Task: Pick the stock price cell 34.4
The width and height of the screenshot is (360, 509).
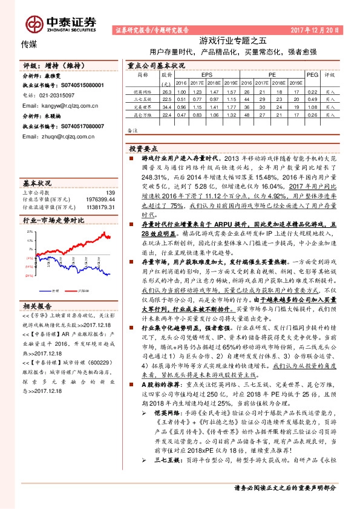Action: pyautogui.click(x=167, y=106)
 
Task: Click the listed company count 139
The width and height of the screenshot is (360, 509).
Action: pyautogui.click(x=110, y=192)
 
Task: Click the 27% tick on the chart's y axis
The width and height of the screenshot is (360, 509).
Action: pyautogui.click(x=28, y=231)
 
